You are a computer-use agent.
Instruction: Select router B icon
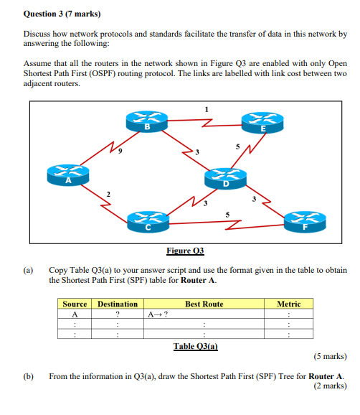click(146, 123)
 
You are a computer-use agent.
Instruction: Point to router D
click(225, 179)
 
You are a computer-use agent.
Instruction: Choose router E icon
click(263, 123)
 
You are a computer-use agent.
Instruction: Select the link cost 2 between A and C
click(108, 194)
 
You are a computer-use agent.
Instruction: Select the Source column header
click(75, 304)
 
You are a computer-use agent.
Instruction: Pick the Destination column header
click(117, 304)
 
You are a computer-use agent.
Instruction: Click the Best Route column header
click(204, 304)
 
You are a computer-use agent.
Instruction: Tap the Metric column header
click(288, 304)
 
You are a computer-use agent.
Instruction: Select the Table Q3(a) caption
click(195, 346)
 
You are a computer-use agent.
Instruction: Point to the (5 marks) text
click(330, 356)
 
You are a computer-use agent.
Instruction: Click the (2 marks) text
click(330, 386)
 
